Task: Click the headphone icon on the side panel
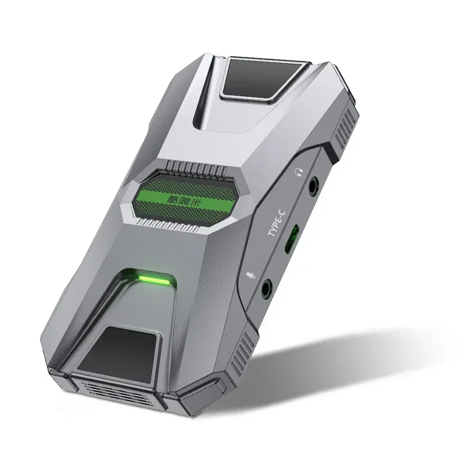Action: (x=299, y=172)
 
